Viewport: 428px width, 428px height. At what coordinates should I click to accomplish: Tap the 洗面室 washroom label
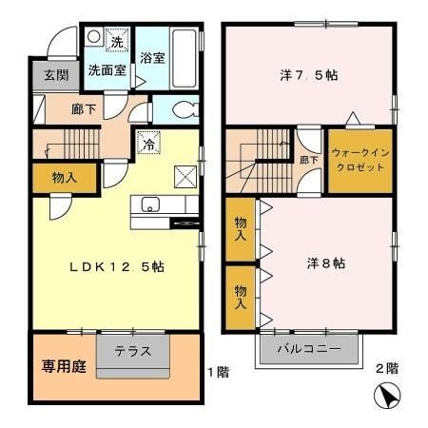(107, 70)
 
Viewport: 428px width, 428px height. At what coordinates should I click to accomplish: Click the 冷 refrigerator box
(148, 145)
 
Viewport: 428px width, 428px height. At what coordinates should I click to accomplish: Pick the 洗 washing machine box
(116, 41)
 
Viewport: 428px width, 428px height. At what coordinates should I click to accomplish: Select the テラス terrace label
(133, 350)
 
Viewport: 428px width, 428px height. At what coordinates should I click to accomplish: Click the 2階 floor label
(385, 368)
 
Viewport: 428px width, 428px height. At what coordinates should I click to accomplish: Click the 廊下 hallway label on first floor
(84, 109)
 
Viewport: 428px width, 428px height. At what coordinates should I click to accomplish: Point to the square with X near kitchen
(185, 174)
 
